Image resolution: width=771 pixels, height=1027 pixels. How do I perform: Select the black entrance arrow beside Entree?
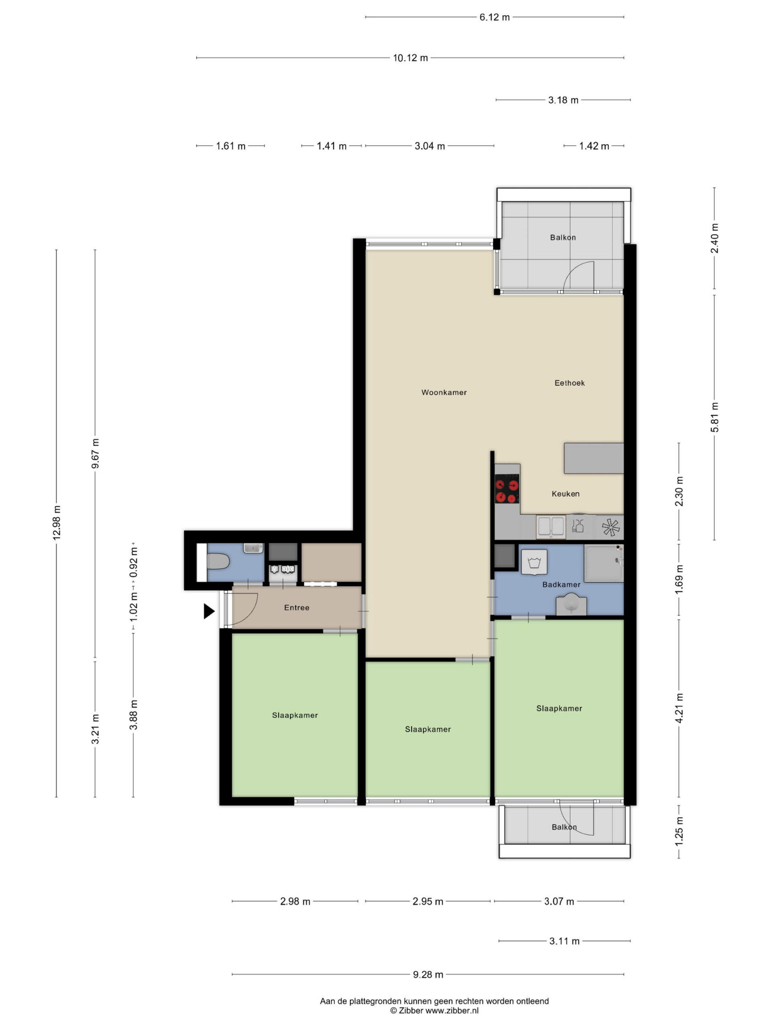tap(209, 611)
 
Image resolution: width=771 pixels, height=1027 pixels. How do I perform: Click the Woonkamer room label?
tap(444, 392)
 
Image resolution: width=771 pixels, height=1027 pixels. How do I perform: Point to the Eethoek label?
tap(569, 383)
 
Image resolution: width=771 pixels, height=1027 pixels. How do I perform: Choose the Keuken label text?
tap(565, 493)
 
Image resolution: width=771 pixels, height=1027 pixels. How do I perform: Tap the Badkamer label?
tap(561, 585)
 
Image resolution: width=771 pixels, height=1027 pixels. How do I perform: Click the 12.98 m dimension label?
tap(57, 522)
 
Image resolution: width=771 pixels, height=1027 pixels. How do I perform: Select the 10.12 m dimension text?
tap(410, 58)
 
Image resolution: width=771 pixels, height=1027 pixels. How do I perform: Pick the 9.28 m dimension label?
tap(428, 974)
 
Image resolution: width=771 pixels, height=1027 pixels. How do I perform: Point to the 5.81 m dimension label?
tap(714, 417)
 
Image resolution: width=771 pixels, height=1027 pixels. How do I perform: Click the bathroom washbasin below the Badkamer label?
tap(571, 605)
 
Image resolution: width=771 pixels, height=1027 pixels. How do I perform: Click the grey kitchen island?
tap(594, 458)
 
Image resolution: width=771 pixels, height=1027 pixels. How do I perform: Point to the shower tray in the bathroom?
tap(604, 563)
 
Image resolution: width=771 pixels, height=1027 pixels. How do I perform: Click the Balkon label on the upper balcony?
tap(563, 237)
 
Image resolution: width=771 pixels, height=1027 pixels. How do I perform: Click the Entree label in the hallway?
tap(296, 607)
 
